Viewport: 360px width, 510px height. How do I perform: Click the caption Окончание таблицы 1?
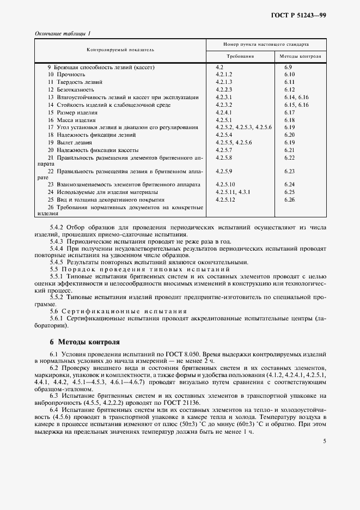tap(63, 33)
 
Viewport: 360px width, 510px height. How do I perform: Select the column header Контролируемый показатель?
tap(120, 49)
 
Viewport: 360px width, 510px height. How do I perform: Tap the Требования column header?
tap(240, 56)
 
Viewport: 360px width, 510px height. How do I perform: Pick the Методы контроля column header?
tap(300, 56)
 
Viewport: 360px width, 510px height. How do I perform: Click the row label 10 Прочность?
tap(64, 74)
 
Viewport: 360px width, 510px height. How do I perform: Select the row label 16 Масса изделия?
tap(71, 120)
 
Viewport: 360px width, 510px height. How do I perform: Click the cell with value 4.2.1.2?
tap(224, 74)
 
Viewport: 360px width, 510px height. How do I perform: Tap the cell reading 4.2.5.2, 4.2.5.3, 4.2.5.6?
tap(240, 127)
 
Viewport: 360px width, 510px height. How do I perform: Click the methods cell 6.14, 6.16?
tap(296, 97)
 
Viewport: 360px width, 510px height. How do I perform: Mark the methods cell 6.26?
tap(289, 200)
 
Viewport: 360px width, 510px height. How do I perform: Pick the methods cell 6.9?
tap(289, 66)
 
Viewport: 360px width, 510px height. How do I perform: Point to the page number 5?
tap(324, 442)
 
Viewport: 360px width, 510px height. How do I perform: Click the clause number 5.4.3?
tap(57, 240)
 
